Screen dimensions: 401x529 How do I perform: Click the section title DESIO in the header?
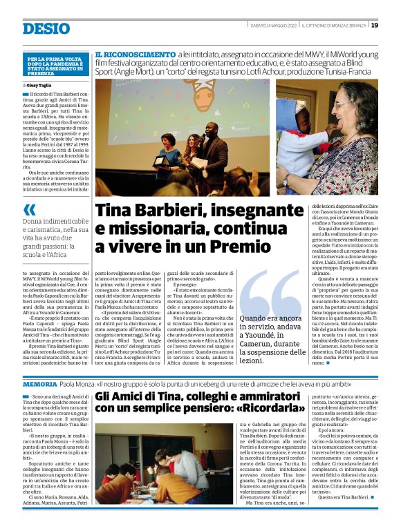coord(46,28)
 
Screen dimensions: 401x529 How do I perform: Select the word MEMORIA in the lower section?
coord(39,383)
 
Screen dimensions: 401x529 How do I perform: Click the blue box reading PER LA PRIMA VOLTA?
coord(51,66)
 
